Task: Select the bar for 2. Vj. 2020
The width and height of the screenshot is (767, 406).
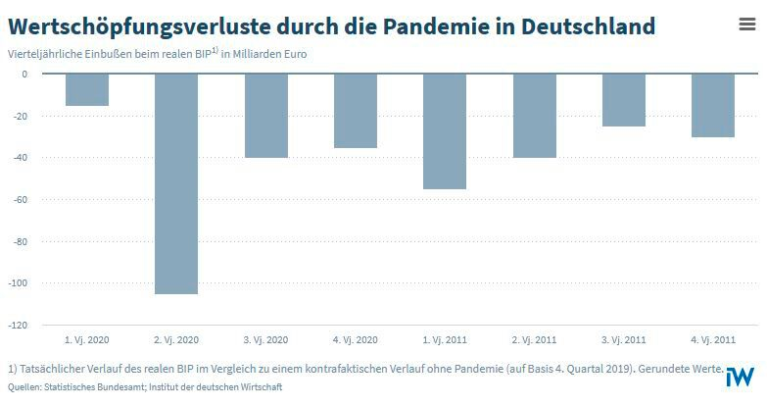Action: click(176, 183)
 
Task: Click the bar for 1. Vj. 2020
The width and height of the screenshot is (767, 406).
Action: click(87, 89)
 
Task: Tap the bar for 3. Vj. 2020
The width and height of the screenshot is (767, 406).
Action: click(265, 116)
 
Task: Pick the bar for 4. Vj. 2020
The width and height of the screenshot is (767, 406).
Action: click(356, 111)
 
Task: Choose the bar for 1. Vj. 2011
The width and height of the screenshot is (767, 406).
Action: click(445, 131)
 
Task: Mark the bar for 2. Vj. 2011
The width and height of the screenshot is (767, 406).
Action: click(534, 116)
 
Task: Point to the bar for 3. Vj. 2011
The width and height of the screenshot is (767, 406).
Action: click(624, 100)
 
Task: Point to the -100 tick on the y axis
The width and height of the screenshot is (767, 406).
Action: click(19, 283)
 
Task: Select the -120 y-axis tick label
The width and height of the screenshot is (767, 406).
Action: click(19, 325)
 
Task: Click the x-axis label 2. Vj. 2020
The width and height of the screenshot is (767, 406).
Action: click(176, 339)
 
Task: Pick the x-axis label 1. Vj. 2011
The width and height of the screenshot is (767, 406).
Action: click(445, 339)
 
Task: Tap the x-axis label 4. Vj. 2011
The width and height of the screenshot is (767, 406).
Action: click(713, 339)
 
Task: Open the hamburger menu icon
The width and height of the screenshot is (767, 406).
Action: click(746, 25)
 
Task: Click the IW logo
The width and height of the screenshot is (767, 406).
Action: click(742, 376)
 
